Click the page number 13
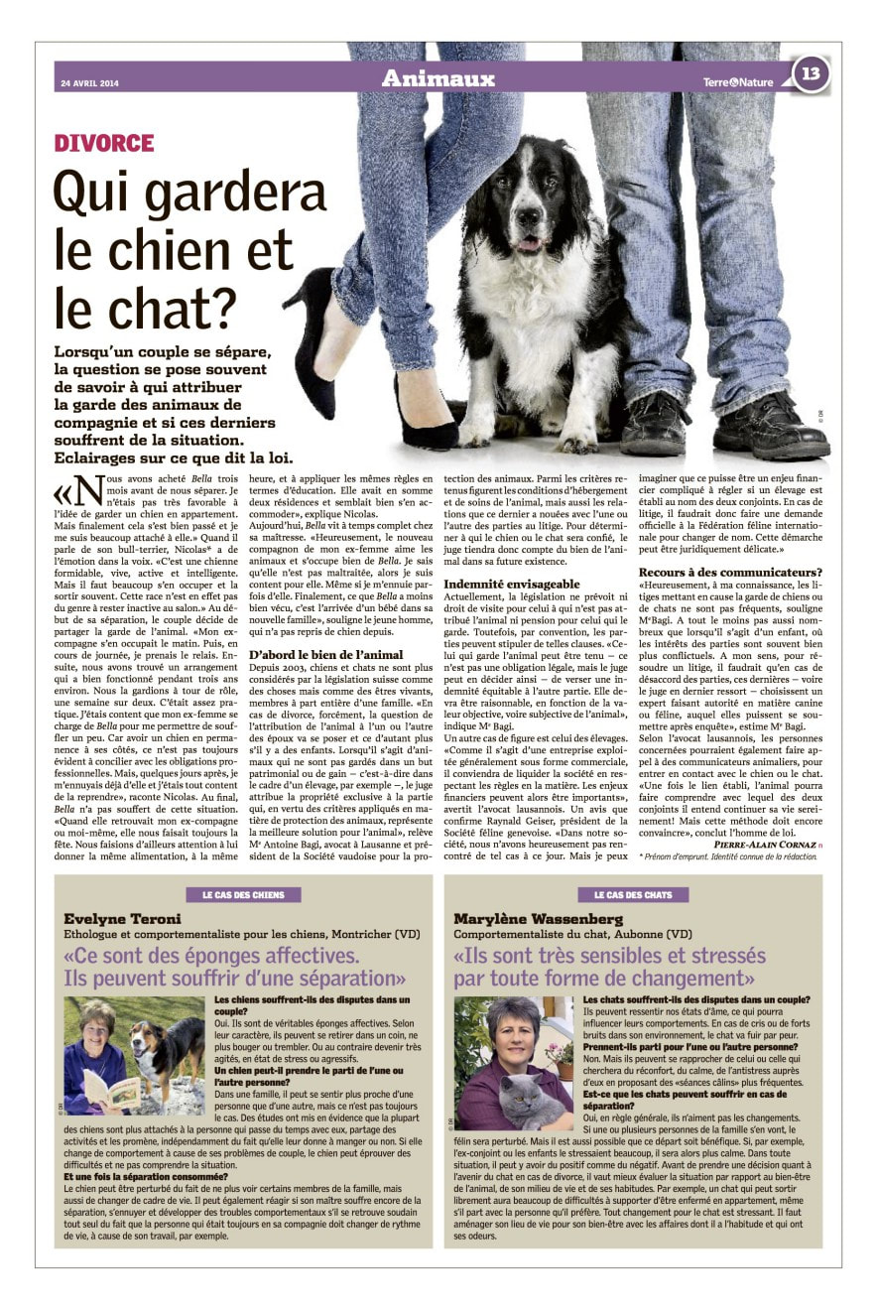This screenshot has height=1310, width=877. click(811, 73)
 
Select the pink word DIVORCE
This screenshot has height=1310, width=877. click(104, 144)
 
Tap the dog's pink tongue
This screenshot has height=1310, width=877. click(529, 243)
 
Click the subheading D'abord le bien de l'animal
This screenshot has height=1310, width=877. click(325, 654)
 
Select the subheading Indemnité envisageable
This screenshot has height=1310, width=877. click(512, 584)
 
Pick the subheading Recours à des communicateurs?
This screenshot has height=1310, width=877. click(730, 572)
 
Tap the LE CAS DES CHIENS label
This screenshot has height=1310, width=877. click(243, 894)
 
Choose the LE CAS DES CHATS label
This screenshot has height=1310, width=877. click(632, 894)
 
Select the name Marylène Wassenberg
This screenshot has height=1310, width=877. click(540, 919)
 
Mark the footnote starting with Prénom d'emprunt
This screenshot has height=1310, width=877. click(729, 855)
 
